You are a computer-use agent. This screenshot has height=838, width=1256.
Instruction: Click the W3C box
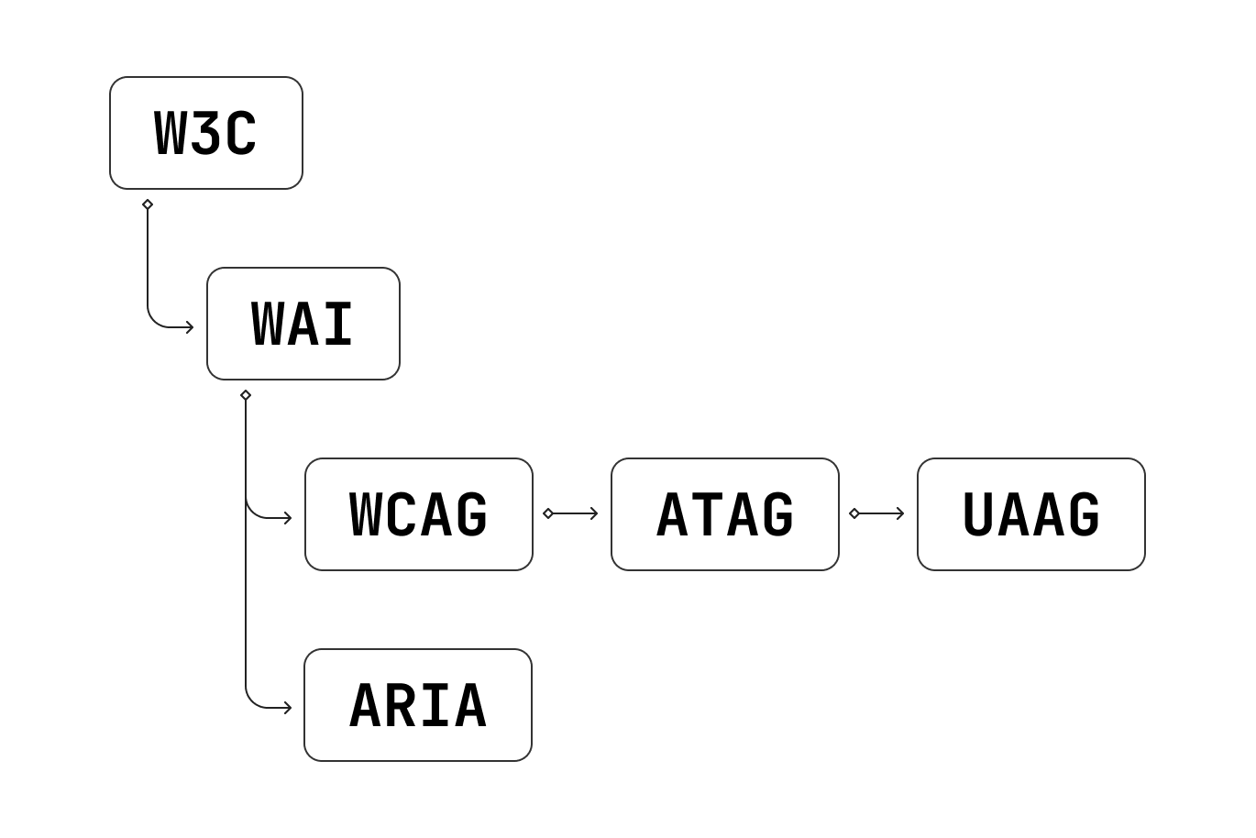click(206, 133)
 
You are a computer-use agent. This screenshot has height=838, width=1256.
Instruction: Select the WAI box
click(303, 324)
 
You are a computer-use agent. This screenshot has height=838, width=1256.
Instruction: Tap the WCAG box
click(419, 514)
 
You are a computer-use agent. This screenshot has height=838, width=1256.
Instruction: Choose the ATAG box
click(725, 514)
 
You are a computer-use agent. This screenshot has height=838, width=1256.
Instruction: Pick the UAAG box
click(1031, 514)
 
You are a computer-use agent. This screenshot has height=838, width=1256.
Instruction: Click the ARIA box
click(418, 705)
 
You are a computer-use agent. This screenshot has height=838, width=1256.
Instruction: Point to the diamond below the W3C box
click(148, 204)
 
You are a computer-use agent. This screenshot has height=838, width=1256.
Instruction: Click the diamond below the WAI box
click(246, 395)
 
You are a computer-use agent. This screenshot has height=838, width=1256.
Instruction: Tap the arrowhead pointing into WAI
click(190, 327)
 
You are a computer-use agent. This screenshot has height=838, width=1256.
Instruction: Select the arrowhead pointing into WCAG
click(288, 518)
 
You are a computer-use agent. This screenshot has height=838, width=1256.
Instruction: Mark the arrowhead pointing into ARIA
click(288, 708)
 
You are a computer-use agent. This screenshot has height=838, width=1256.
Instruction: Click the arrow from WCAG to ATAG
click(573, 513)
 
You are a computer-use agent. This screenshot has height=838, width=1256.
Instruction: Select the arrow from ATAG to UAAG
click(879, 513)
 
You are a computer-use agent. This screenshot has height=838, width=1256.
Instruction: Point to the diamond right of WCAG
click(548, 513)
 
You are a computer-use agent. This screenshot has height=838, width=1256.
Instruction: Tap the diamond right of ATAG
click(854, 513)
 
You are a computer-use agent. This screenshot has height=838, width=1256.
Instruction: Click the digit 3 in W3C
click(206, 134)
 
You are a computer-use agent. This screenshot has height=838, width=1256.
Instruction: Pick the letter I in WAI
click(338, 325)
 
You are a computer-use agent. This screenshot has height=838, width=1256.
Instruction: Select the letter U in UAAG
click(978, 515)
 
